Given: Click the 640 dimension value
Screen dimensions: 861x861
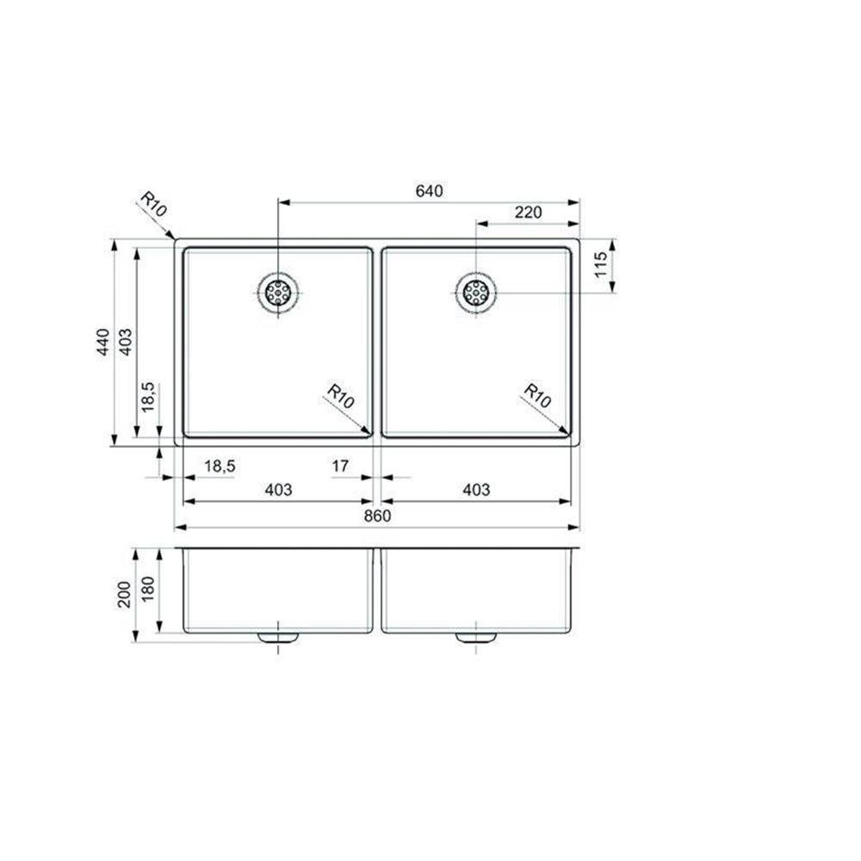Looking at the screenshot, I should tap(429, 191).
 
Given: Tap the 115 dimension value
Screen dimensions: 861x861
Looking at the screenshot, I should tap(602, 266).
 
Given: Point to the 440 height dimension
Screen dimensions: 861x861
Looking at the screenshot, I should tap(103, 343).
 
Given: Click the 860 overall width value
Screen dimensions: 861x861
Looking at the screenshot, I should tap(377, 517).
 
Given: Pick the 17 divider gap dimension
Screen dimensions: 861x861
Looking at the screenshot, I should tap(340, 466).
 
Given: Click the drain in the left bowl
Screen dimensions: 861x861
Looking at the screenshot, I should tap(278, 292).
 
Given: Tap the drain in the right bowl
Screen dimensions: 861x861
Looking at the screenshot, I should tap(475, 293).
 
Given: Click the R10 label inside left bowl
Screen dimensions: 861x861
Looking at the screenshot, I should tap(341, 397).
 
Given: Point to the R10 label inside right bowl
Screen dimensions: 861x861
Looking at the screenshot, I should tap(537, 397).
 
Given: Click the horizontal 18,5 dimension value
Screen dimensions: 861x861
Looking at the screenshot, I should tap(220, 466).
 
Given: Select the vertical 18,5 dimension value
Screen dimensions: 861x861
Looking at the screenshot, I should tap(147, 398).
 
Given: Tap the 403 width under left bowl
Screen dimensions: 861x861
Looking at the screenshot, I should tap(278, 490).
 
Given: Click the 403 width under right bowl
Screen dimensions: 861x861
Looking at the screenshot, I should tap(475, 490).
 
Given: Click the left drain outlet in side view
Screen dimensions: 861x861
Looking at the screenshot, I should tap(278, 638).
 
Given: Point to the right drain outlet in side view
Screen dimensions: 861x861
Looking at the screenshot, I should tap(475, 638).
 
